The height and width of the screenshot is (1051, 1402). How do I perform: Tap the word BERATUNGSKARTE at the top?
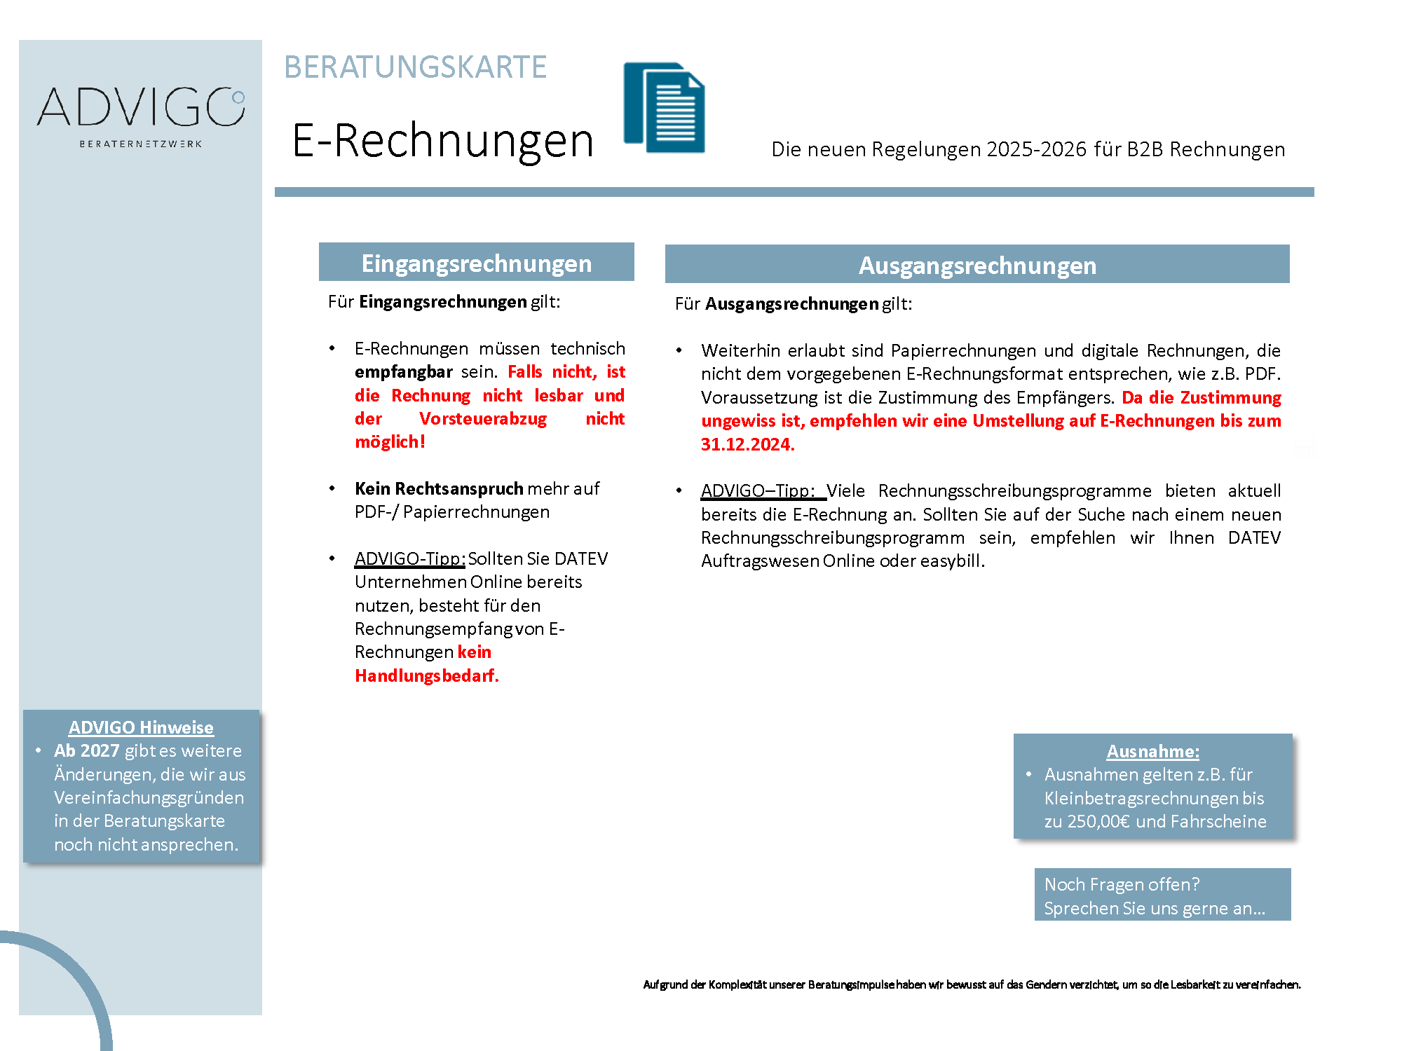(x=415, y=67)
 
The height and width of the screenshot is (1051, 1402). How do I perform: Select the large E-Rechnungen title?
(x=442, y=140)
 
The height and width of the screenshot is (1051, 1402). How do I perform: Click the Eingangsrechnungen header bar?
(x=476, y=263)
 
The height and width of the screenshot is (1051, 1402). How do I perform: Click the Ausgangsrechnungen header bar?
(x=977, y=265)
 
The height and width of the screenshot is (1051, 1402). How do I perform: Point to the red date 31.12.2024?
(x=747, y=444)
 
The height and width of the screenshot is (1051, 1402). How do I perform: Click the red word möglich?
(x=390, y=441)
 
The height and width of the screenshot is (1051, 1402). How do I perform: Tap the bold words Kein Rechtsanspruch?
(x=439, y=488)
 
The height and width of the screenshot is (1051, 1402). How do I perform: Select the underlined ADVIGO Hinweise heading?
(x=141, y=727)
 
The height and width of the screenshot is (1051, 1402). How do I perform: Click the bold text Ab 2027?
(x=87, y=750)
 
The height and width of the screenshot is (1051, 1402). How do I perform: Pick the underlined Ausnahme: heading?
(x=1152, y=751)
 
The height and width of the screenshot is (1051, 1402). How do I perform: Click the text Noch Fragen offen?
(x=1122, y=884)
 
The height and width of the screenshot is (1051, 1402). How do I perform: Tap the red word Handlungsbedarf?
(x=426, y=675)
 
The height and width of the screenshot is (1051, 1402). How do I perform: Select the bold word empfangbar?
(x=403, y=371)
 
